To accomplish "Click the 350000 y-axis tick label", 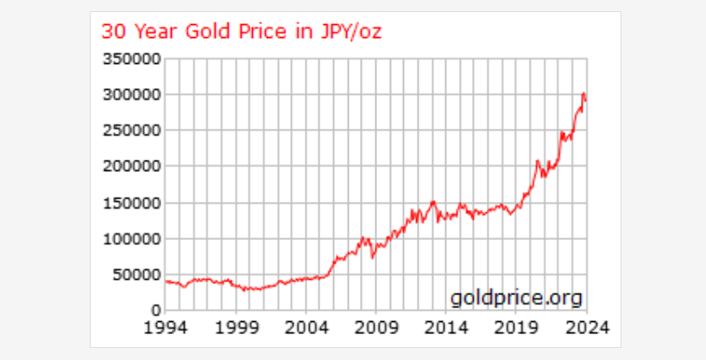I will (x=131, y=59).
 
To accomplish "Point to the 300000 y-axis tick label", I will (x=131, y=94).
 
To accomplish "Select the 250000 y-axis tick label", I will (x=131, y=130).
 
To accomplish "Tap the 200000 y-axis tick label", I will (x=131, y=166).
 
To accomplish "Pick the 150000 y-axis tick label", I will (x=131, y=203).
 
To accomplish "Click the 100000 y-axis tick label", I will (x=131, y=238).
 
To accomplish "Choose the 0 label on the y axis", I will (x=154, y=310).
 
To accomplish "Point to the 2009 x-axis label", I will (x=375, y=327).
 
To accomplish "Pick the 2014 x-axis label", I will (x=445, y=327).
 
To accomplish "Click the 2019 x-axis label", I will (x=516, y=327).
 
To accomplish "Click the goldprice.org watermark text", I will (x=515, y=298).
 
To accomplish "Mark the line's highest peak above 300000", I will (x=583, y=93).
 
